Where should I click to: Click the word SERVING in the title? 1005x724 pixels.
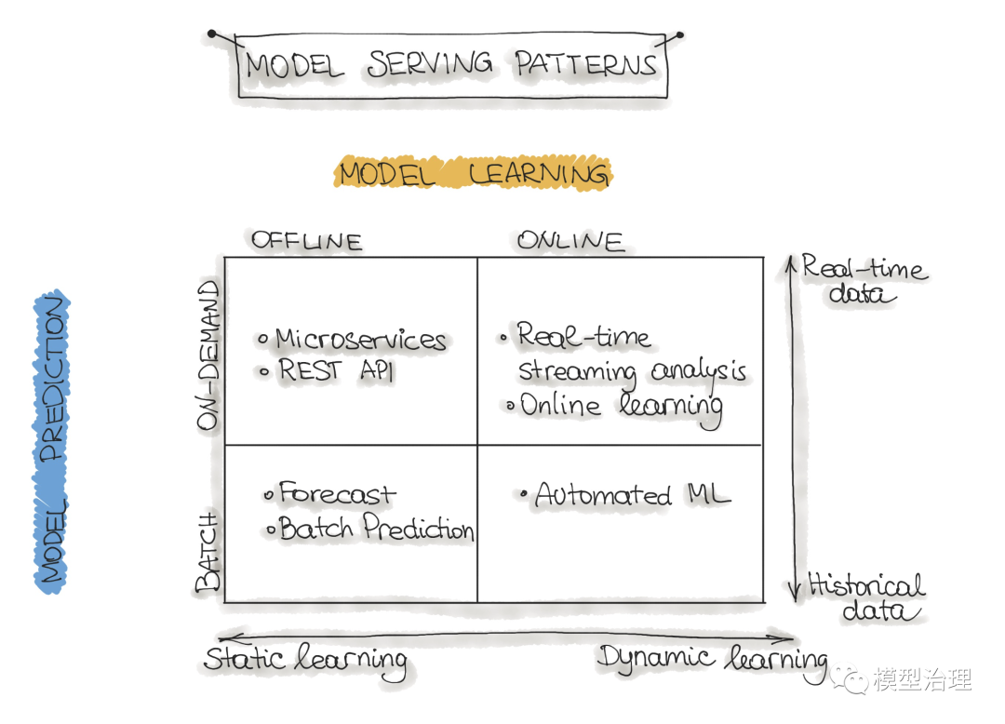pos(430,64)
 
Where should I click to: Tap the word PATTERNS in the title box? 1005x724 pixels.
pos(586,64)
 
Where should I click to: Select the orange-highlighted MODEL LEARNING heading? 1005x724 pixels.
pos(473,174)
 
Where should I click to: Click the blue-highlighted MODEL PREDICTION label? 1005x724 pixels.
pos(52,441)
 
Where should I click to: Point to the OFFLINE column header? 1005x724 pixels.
pos(306,241)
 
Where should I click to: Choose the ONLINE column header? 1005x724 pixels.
pos(570,241)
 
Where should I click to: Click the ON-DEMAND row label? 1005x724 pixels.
pos(209,355)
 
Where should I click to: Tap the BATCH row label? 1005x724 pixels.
pos(209,551)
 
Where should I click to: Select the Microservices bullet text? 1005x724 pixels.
pos(361,340)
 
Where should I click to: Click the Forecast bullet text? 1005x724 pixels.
pos(337,494)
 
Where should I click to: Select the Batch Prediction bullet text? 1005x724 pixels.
pos(376,530)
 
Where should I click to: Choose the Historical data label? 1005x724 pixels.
pos(866,597)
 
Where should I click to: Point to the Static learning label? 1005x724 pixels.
pos(305,660)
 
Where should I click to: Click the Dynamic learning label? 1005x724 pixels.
pos(712,659)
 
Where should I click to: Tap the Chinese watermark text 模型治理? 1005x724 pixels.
pos(921,679)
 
